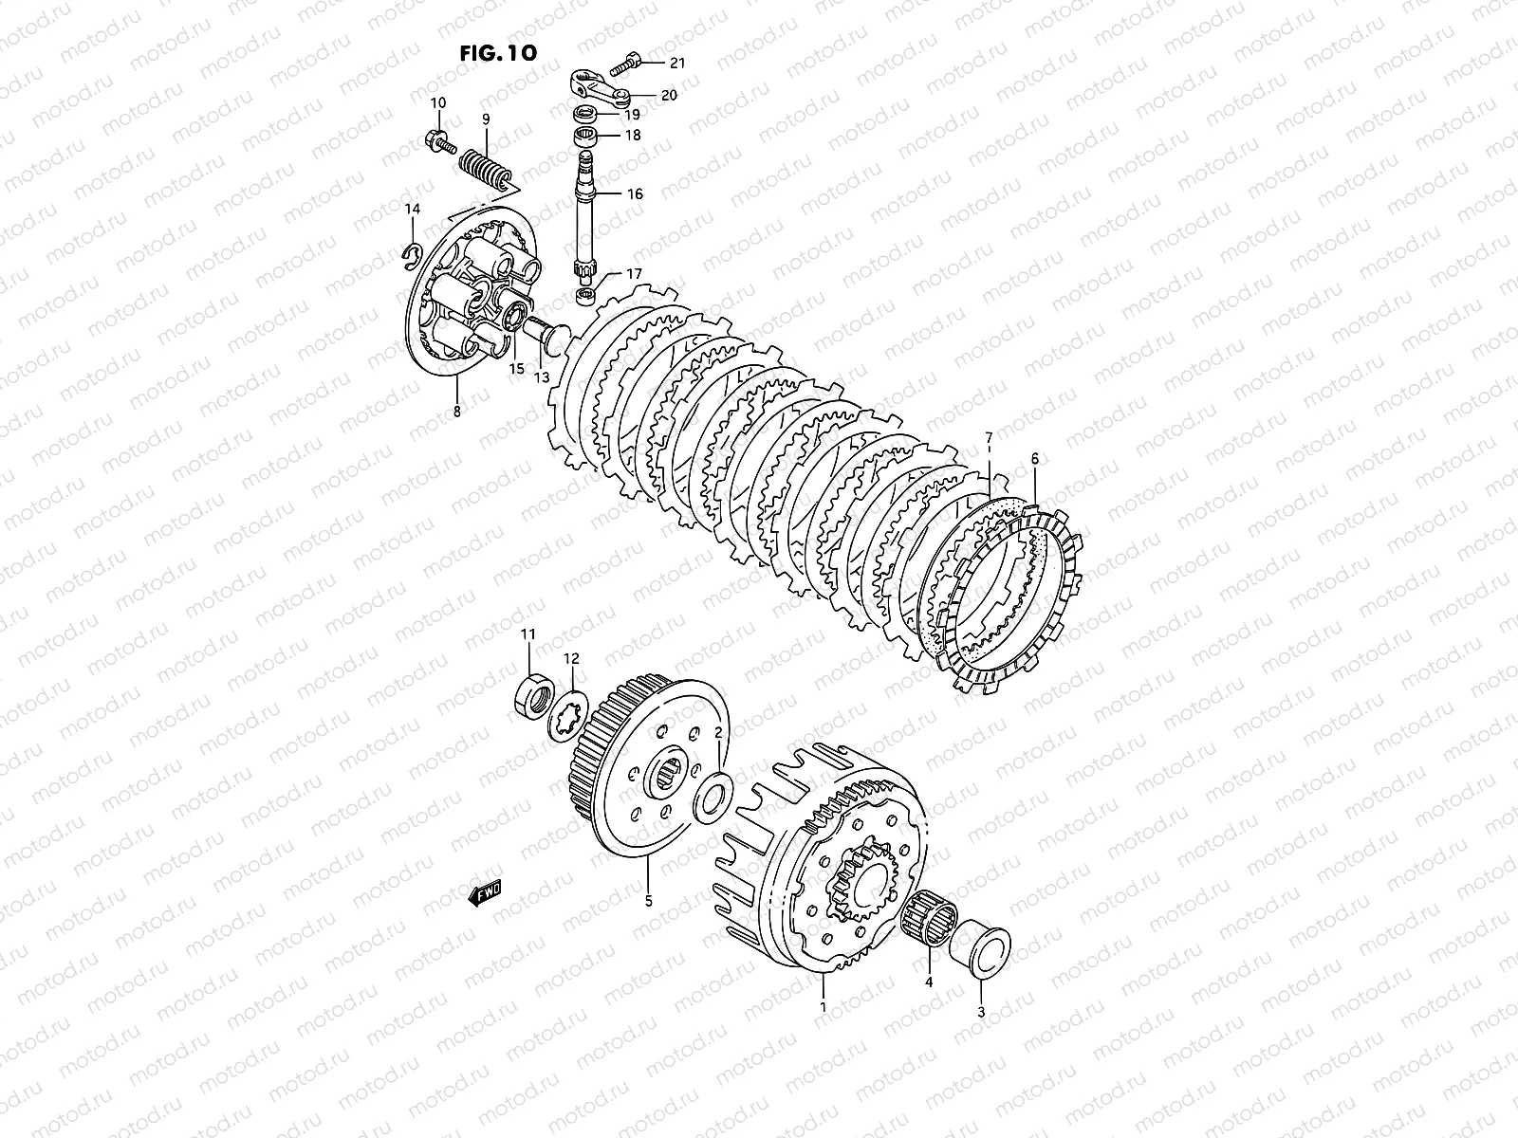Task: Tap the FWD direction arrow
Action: (485, 892)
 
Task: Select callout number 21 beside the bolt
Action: (676, 64)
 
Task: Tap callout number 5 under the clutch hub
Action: (649, 902)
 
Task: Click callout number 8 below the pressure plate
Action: (456, 412)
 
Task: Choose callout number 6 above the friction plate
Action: (1035, 459)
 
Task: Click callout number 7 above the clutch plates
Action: (989, 437)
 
